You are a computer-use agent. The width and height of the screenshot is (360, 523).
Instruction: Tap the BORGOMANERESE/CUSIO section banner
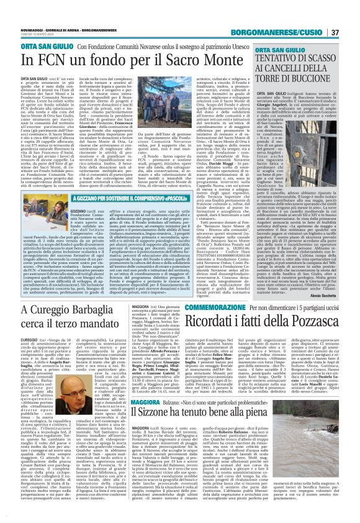click(x=299, y=14)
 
